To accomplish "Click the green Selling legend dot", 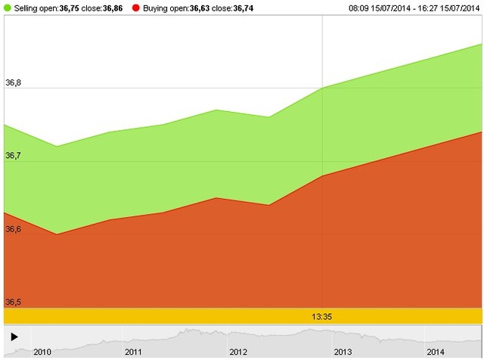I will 8,8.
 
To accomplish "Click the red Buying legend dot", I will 135,8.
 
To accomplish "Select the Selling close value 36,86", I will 112,8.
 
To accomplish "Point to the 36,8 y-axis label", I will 14,82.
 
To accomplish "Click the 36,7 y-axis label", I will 14,156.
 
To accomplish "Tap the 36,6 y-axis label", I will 14,229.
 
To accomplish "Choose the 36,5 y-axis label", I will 14,303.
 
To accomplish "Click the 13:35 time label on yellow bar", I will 323,316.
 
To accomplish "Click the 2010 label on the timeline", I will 42,352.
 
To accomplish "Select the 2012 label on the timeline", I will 238,352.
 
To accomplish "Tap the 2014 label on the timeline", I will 436,352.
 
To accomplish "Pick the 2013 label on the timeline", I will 343,352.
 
